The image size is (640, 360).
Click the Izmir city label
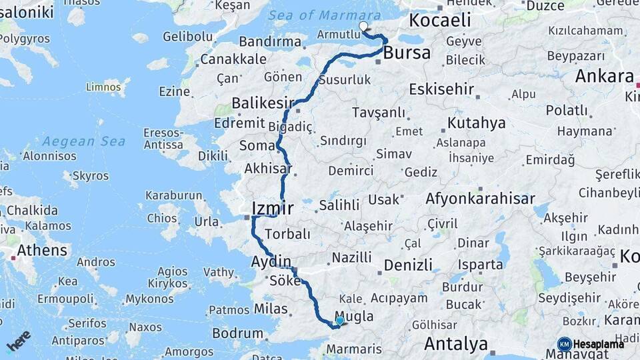click(273, 208)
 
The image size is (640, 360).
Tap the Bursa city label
click(407, 53)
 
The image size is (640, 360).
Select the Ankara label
click(604, 76)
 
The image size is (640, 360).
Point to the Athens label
click(42, 251)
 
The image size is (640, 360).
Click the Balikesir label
click(263, 103)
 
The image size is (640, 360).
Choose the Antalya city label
click(456, 345)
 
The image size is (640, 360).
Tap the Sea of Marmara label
click(324, 15)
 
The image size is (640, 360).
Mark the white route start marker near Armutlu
click(363, 27)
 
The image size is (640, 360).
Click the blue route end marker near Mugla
click(340, 321)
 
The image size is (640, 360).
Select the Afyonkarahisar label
click(480, 199)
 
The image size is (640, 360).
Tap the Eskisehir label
click(441, 89)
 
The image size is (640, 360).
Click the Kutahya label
click(476, 123)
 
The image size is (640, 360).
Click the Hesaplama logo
click(591, 344)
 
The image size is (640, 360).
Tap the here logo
click(19, 341)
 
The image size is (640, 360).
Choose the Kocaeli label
click(440, 20)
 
